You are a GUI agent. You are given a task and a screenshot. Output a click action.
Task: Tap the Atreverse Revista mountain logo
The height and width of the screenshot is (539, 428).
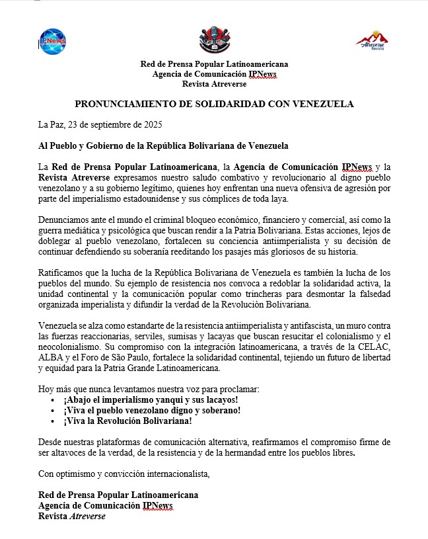coord(372,41)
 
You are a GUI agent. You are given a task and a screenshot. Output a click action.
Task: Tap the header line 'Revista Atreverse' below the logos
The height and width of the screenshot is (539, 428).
coord(214,84)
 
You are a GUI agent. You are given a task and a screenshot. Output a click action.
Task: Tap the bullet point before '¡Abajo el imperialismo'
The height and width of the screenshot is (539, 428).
coord(53,401)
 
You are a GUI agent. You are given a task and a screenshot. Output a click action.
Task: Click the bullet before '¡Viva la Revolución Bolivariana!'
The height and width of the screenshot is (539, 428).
coord(53,421)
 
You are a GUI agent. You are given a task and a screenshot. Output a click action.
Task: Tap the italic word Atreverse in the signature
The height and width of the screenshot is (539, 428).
coord(88,516)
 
